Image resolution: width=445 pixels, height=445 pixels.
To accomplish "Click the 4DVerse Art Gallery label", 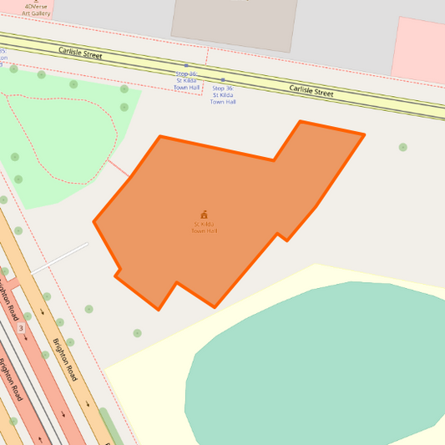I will tap(36, 9).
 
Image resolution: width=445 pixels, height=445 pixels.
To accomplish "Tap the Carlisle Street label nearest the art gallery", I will tap(80, 53).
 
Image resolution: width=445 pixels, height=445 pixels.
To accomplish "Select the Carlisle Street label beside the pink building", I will tap(311, 89).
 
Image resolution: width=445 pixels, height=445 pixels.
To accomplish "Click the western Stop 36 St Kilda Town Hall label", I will tap(187, 80).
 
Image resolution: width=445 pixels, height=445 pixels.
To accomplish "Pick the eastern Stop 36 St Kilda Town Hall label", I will tap(223, 94).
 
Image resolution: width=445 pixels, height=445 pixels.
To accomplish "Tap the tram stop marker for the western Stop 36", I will tap(186, 65).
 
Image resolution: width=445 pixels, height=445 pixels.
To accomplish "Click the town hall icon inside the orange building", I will tap(204, 215).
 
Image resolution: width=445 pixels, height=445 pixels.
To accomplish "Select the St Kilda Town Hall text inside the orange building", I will tap(205, 227).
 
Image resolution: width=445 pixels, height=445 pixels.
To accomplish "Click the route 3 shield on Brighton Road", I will tap(21, 329).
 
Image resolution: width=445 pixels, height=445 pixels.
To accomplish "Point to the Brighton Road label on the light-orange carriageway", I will tap(64, 360).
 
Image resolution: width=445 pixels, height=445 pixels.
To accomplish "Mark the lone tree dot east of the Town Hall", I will tap(402, 147).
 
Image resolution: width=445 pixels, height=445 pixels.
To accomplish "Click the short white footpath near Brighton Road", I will tap(59, 258).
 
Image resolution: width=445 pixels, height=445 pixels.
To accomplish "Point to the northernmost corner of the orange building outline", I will tap(301, 122).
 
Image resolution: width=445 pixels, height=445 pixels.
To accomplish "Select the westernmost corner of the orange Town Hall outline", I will tap(94, 222).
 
